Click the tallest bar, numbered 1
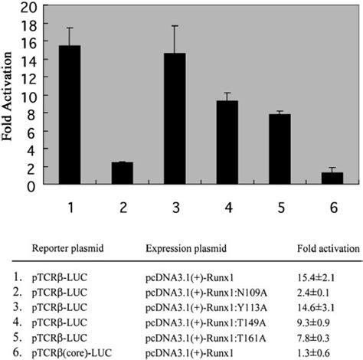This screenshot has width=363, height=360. tap(70, 115)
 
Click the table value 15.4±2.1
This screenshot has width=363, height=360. tap(318, 273)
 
